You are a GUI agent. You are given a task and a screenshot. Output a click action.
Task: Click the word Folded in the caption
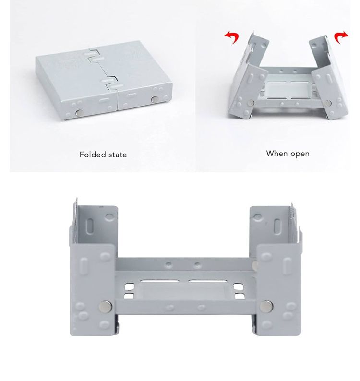pyautogui.click(x=93, y=155)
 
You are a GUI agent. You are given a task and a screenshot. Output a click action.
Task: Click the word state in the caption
pyautogui.click(x=118, y=155)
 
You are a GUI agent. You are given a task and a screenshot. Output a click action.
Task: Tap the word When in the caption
pyautogui.click(x=276, y=154)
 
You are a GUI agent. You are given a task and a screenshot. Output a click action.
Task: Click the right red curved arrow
pyautogui.click(x=342, y=37)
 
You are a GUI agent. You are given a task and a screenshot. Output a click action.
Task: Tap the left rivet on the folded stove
pyautogui.click(x=79, y=112)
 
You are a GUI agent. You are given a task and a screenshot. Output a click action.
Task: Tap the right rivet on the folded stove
pyautogui.click(x=155, y=99)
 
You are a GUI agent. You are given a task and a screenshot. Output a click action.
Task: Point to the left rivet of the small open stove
pyautogui.click(x=251, y=103)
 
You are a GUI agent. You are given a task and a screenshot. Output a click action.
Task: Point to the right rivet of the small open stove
pyautogui.click(x=328, y=103)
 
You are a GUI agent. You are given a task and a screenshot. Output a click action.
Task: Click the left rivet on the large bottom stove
pyautogui.click(x=106, y=306)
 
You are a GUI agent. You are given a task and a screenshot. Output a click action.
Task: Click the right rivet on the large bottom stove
pyautogui.click(x=266, y=306)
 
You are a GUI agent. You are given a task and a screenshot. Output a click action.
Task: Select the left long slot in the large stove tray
pyautogui.click(x=159, y=281)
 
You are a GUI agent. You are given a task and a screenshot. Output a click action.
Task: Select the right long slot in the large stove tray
pyautogui.click(x=207, y=281)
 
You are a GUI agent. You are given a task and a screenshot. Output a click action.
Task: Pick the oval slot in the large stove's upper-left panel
pyautogui.click(x=90, y=226)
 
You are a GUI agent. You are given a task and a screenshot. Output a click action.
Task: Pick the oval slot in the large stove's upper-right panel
pyautogui.click(x=277, y=226)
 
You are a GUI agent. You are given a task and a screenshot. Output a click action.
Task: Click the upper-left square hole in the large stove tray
pyautogui.click(x=129, y=287)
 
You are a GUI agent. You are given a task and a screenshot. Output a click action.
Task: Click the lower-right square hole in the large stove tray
pyautogui.click(x=240, y=296)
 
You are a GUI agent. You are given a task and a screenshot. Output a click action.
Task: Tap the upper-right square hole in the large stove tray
pyautogui.click(x=239, y=287)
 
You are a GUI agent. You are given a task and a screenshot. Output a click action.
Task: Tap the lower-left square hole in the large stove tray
pyautogui.click(x=129, y=296)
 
